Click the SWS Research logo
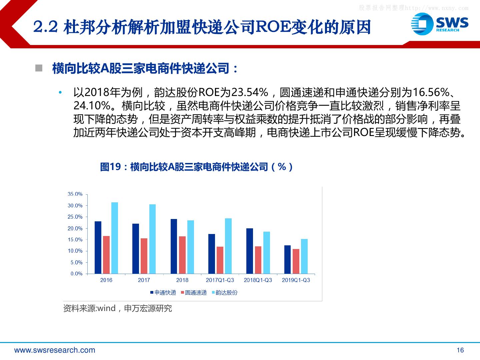440,24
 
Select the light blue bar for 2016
115,238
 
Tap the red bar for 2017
144,256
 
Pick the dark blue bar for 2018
174,246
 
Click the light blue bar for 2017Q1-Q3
228,246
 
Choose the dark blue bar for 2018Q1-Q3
250,251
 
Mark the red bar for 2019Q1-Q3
296,261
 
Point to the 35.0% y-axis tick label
75,194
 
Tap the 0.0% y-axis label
76,274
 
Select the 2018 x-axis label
182,280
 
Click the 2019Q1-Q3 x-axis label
296,280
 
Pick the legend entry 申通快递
163,292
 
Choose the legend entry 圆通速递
194,292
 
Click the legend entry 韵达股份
225,292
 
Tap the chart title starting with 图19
196,167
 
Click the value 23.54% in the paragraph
250,92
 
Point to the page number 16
460,350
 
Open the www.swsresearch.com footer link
55,350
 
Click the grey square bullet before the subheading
39,68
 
